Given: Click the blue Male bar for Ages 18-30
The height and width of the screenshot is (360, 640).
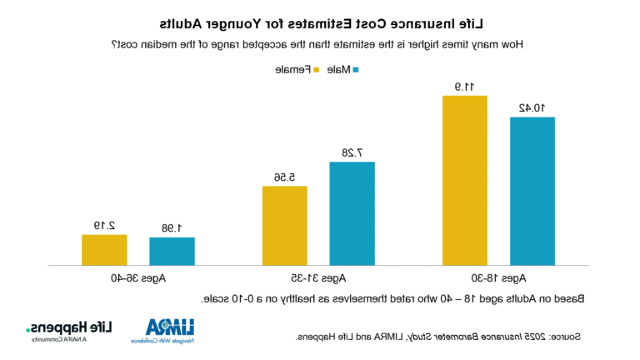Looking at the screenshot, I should (x=532, y=191).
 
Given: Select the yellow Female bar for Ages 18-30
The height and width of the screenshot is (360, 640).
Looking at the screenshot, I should (x=464, y=181).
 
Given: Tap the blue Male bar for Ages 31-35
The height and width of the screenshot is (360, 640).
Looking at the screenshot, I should (x=352, y=213).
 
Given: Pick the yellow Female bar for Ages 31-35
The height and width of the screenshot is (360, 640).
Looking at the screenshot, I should (x=284, y=226).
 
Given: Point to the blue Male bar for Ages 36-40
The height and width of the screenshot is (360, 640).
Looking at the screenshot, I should (x=172, y=252).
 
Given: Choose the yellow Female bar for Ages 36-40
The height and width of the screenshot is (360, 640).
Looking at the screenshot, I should (x=104, y=250).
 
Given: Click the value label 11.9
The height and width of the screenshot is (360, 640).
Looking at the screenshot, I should (x=464, y=87).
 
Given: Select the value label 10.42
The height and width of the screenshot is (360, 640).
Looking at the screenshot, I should (x=532, y=107).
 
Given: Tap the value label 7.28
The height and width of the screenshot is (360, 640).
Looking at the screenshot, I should (x=352, y=152).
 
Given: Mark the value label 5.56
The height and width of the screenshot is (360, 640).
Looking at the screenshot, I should (x=284, y=177).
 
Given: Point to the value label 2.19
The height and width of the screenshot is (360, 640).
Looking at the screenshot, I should (x=104, y=225).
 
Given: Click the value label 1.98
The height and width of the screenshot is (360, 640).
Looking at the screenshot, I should (x=172, y=228).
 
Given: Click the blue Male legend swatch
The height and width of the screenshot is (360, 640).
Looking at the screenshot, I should (x=355, y=70).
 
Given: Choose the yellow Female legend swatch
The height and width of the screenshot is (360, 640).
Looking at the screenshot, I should (x=304, y=70).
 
